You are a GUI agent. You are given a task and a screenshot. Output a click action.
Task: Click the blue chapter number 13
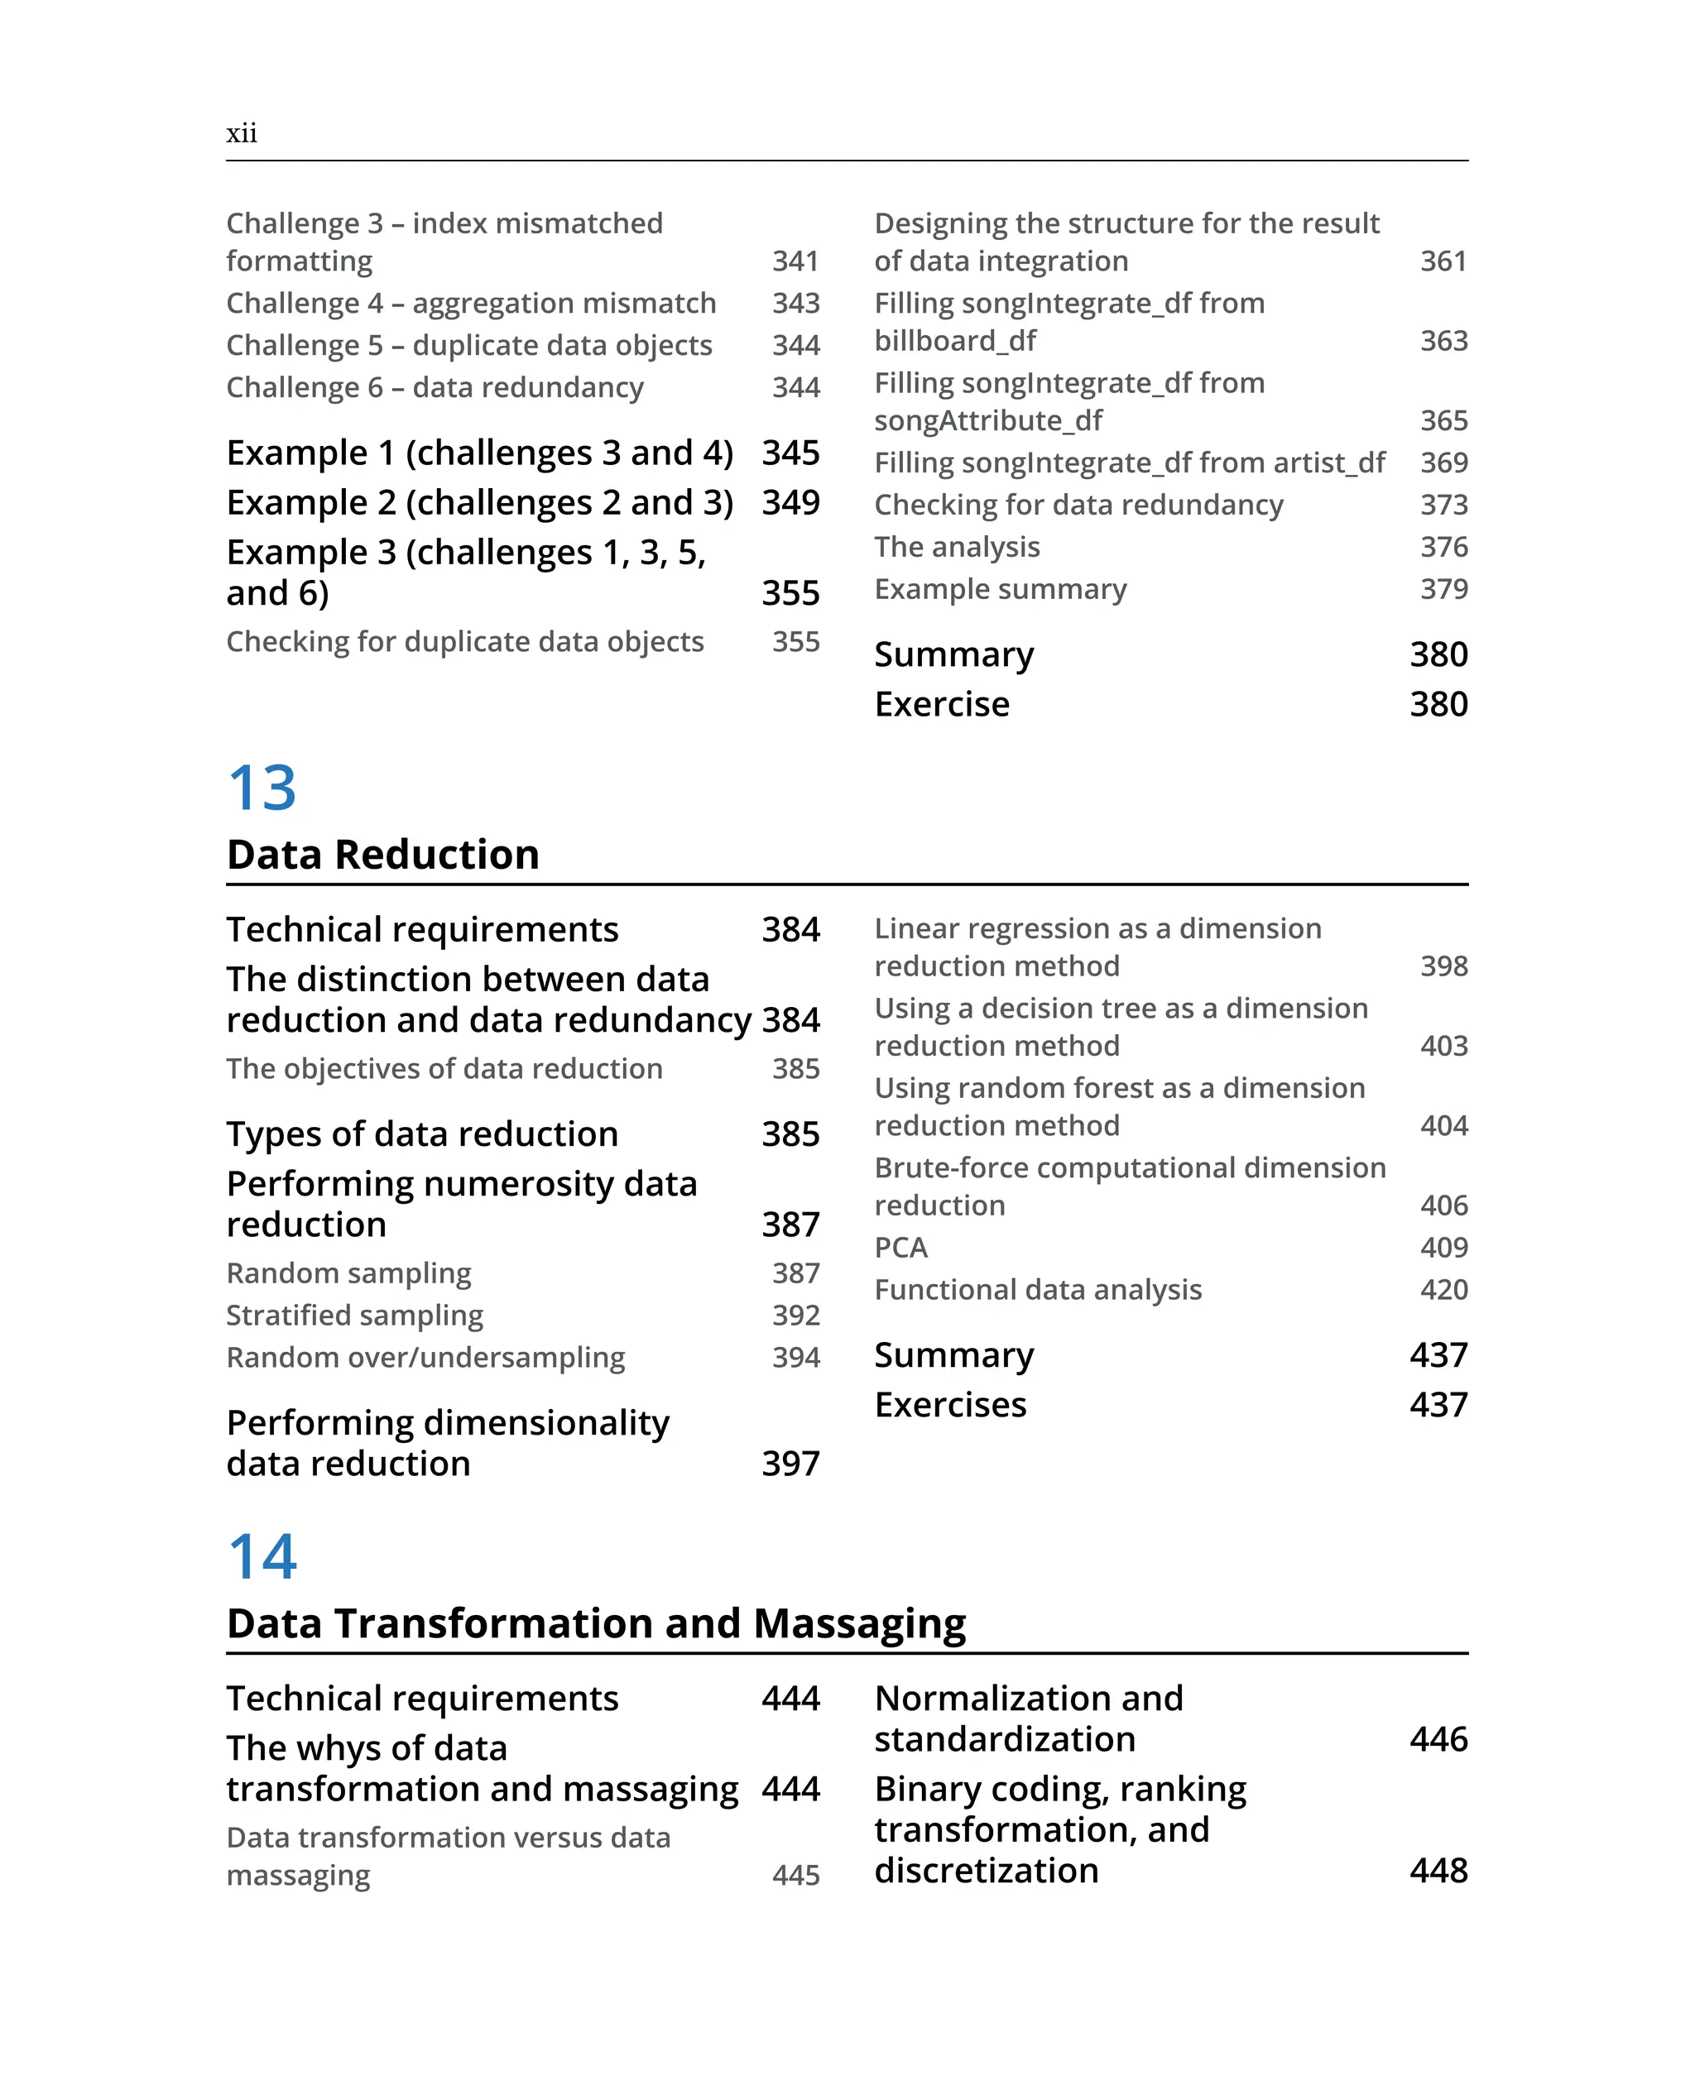262,788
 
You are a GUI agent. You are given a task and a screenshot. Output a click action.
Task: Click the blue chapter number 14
262,1556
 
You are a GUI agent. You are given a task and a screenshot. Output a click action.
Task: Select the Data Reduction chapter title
382,854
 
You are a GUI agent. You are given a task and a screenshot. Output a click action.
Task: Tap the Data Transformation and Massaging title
596,1623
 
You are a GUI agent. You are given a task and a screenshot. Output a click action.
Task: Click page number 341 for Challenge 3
795,261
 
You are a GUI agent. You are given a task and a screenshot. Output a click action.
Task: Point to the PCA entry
900,1247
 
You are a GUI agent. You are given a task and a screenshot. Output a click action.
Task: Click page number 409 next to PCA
1443,1247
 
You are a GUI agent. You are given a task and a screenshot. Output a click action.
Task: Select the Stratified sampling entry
354,1315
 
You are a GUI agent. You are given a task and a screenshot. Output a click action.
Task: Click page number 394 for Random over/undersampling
795,1357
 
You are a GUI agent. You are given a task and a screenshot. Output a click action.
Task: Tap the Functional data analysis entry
1037,1290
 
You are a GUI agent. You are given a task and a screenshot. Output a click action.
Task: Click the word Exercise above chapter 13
941,704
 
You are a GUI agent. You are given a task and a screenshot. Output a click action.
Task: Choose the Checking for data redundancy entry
1078,505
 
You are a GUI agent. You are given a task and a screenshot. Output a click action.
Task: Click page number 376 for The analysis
1443,547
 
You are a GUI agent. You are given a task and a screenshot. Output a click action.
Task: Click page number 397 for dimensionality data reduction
790,1464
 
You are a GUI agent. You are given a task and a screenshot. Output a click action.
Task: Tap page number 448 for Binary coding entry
1438,1871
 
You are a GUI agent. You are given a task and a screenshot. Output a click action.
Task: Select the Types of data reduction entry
422,1134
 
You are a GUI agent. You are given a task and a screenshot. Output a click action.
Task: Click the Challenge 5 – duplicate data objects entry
468,346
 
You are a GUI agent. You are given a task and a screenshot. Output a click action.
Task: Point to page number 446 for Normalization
1438,1738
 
